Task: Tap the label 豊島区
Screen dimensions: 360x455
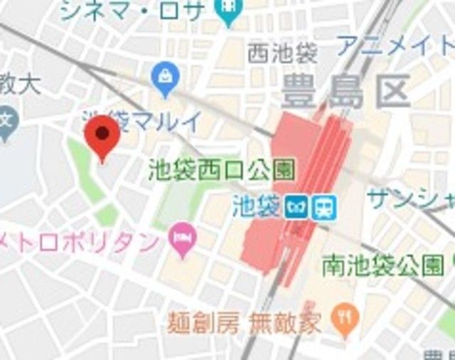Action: pos(346,92)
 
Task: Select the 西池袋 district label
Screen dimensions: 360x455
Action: pos(282,54)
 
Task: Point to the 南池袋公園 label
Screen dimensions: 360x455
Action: pos(382,266)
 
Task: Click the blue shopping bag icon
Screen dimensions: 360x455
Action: pos(166,79)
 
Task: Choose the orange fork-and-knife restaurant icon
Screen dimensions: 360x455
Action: pos(346,319)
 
